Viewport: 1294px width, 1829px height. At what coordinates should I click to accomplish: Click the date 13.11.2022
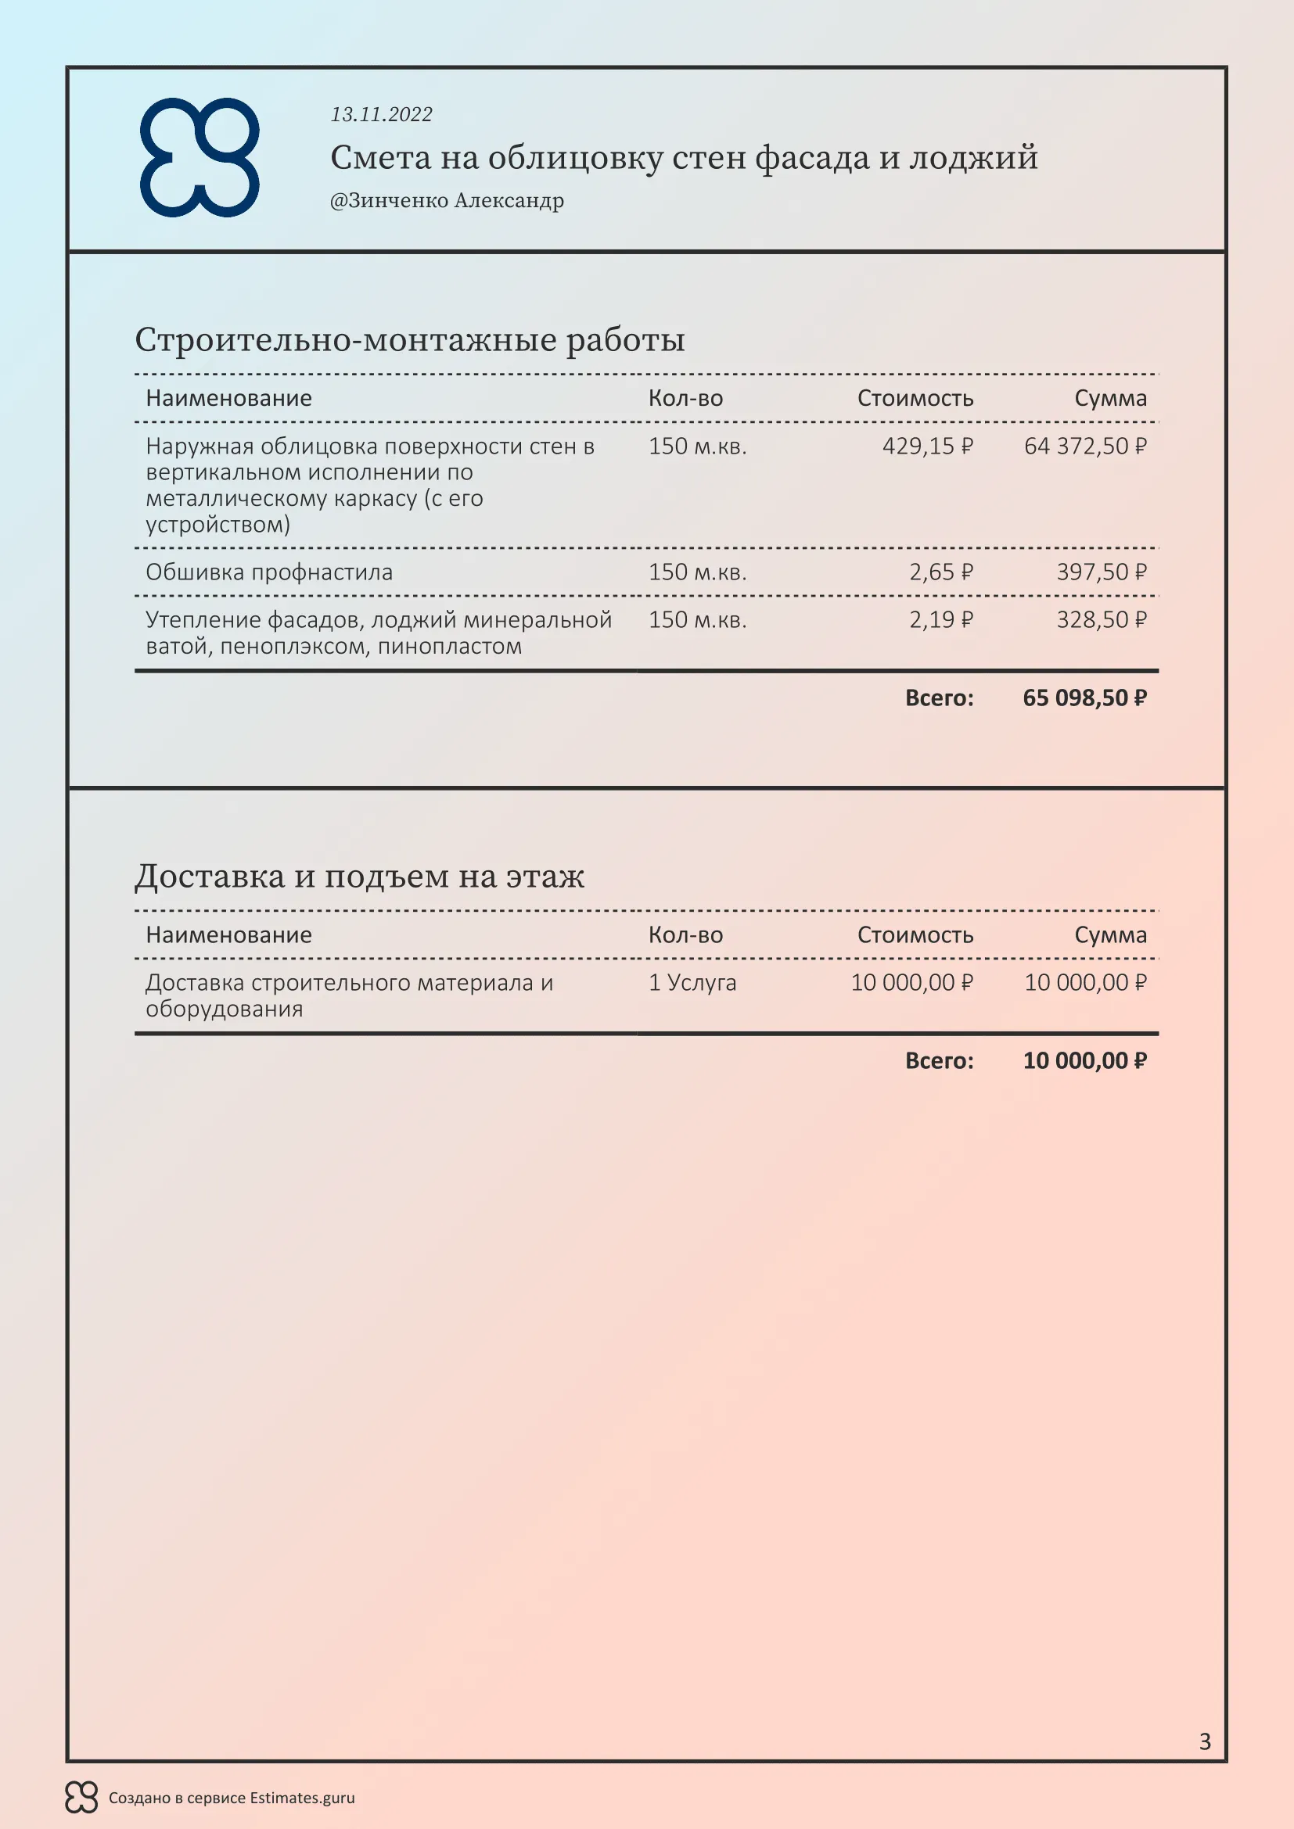click(x=381, y=115)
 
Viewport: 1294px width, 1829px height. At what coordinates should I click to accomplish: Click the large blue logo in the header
click(x=199, y=157)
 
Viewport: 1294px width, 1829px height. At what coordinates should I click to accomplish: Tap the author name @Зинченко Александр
click(x=447, y=201)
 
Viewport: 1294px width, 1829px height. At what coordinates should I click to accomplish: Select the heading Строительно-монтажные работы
click(x=409, y=340)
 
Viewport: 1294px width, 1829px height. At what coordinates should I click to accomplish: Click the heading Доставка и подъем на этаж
click(x=359, y=877)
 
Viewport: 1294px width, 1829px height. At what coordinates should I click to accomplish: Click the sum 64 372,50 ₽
click(x=1084, y=446)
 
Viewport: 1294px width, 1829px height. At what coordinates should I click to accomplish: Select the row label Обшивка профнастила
click(x=269, y=572)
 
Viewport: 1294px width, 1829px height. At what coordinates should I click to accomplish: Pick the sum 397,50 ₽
click(x=1101, y=572)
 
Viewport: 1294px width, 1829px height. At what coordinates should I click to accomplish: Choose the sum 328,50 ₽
click(x=1101, y=620)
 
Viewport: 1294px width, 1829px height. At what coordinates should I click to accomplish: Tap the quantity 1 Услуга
click(x=692, y=982)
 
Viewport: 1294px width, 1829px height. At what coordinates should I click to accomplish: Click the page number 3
click(x=1205, y=1741)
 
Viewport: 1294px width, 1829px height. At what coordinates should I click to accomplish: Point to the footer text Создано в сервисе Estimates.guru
click(x=232, y=1798)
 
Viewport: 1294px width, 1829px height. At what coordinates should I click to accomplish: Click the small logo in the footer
click(x=81, y=1797)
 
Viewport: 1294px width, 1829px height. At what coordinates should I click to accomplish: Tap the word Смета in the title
click(x=380, y=158)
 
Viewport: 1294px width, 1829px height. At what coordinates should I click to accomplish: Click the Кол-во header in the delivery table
click(x=685, y=934)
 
